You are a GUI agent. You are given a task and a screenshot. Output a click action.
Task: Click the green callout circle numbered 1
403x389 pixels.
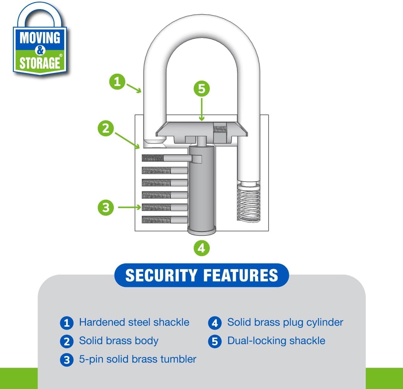(x=117, y=82)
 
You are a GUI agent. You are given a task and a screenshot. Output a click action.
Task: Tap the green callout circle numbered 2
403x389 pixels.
(x=106, y=128)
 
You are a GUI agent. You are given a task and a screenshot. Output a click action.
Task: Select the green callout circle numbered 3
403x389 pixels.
(x=106, y=208)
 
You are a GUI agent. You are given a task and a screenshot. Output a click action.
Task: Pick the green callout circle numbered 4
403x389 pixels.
(x=201, y=248)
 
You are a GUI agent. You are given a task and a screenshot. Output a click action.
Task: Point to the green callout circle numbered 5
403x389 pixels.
(x=201, y=89)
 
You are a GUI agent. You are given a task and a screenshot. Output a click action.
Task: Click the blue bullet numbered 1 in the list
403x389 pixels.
(x=66, y=323)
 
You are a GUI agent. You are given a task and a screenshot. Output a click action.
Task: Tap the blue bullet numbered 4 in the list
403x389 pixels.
(x=215, y=323)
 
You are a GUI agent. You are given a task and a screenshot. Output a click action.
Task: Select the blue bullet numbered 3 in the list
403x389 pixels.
(x=66, y=360)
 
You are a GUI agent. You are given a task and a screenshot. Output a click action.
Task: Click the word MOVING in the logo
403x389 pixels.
(x=40, y=38)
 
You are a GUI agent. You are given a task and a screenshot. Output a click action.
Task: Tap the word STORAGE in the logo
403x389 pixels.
(x=40, y=62)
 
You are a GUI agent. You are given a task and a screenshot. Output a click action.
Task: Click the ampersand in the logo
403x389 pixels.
(x=40, y=50)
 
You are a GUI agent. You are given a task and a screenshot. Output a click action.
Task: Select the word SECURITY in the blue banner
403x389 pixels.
(x=161, y=275)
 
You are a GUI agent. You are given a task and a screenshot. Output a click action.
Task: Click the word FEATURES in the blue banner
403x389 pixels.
(x=241, y=275)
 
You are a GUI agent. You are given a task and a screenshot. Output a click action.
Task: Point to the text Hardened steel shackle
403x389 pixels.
(x=134, y=322)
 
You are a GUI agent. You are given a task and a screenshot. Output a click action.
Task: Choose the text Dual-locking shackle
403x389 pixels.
(x=276, y=341)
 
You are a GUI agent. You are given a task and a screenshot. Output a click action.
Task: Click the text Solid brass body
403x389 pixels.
(x=119, y=341)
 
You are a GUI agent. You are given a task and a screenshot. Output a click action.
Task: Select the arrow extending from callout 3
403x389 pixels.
(x=129, y=207)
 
